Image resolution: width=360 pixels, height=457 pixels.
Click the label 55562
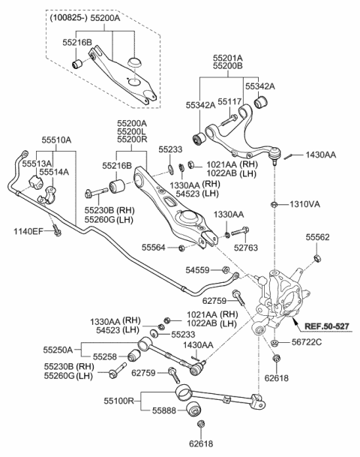[316, 237]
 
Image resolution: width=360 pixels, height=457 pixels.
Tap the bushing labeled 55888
[195, 410]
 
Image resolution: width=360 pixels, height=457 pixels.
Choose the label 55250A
[57, 350]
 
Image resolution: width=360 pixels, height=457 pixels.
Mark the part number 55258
[106, 358]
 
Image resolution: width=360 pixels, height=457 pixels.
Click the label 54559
[198, 269]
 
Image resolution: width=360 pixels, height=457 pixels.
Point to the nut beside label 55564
[181, 248]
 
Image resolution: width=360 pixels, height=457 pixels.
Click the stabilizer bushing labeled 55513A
[34, 182]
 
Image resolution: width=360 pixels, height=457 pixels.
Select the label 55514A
[54, 172]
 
